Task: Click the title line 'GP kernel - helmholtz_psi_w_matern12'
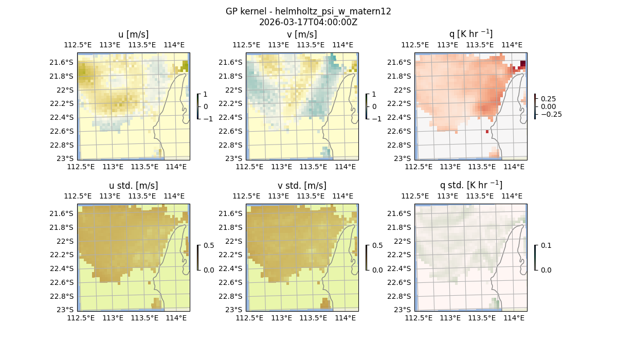pyautogui.click(x=308, y=11)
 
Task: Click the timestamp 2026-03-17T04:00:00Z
pyautogui.click(x=308, y=22)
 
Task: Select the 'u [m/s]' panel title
pyautogui.click(x=133, y=34)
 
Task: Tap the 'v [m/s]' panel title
pyautogui.click(x=302, y=34)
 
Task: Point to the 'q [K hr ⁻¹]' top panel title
pyautogui.click(x=470, y=34)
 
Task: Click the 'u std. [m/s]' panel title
pyautogui.click(x=133, y=186)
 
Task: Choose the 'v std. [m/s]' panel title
pyautogui.click(x=302, y=186)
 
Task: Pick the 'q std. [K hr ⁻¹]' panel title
pyautogui.click(x=470, y=185)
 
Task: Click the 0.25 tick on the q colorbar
pyautogui.click(x=548, y=99)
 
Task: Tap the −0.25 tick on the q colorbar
pyautogui.click(x=550, y=114)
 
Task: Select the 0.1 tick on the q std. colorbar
pyautogui.click(x=545, y=245)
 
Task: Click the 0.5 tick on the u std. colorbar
pyautogui.click(x=209, y=245)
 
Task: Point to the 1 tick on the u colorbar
pyautogui.click(x=205, y=94)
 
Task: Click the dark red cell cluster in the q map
pyautogui.click(x=522, y=64)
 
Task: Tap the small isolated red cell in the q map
pyautogui.click(x=487, y=132)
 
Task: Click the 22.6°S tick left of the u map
pyautogui.click(x=62, y=131)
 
